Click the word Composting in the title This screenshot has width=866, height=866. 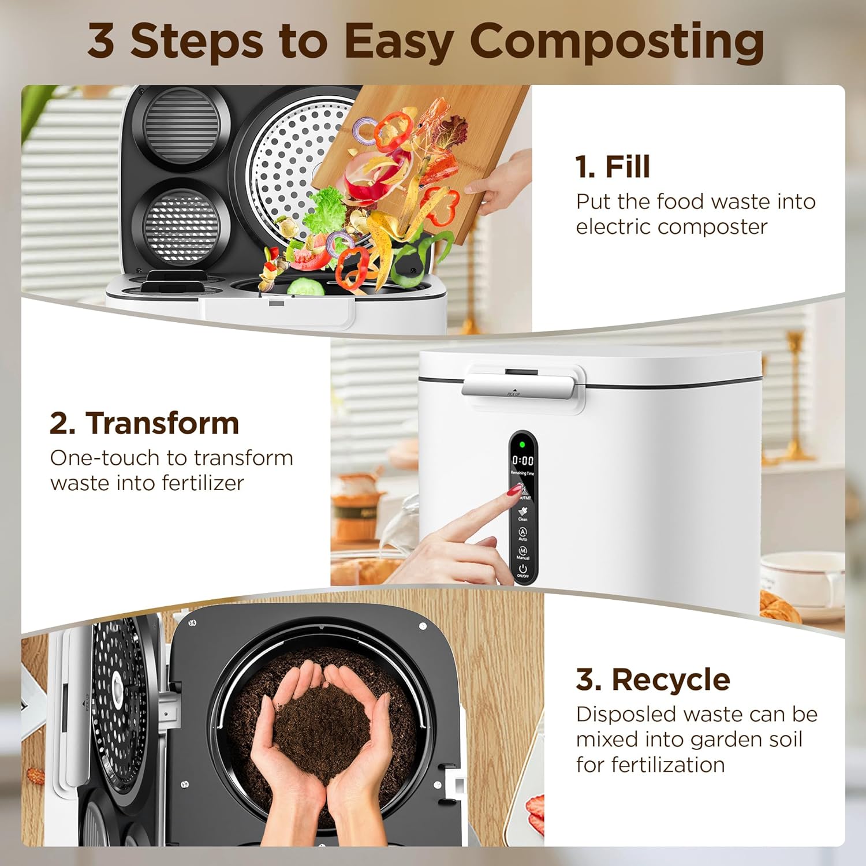coord(617,42)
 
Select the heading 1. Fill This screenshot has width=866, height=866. coord(613,167)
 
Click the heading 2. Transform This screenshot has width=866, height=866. coord(144,423)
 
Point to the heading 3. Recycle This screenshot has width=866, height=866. coord(653,680)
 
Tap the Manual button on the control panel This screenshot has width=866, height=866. coord(522,553)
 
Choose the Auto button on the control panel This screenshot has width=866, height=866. coord(522,533)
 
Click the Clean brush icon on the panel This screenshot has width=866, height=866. coord(522,513)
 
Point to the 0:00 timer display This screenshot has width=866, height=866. coord(522,460)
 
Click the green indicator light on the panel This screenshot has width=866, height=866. coord(522,445)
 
